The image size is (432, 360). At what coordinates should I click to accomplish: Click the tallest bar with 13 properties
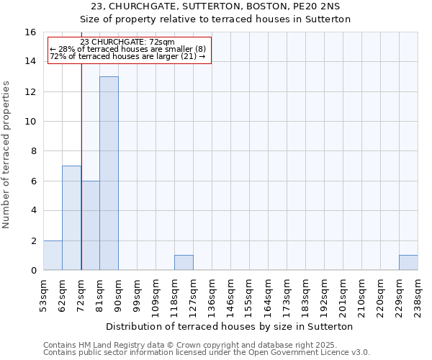pyautogui.click(x=109, y=173)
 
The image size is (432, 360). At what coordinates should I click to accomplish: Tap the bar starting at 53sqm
pyautogui.click(x=53, y=255)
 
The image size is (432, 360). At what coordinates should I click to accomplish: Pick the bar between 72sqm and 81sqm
pyautogui.click(x=90, y=225)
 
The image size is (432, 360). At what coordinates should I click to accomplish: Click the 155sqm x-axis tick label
pyautogui.click(x=250, y=295)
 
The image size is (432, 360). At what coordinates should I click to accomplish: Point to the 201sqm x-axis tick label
pyautogui.click(x=343, y=295)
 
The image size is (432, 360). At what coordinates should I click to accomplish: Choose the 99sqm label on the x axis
pyautogui.click(x=138, y=295)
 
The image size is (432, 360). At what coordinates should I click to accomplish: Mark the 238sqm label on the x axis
pyautogui.click(x=418, y=295)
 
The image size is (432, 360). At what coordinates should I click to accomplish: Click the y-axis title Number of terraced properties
pyautogui.click(x=6, y=154)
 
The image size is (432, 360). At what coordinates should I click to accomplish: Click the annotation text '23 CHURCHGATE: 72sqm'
pyautogui.click(x=129, y=42)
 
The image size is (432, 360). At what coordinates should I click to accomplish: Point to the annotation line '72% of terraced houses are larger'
pyautogui.click(x=129, y=56)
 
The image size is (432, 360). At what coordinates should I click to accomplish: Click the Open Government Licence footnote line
pyautogui.click(x=207, y=353)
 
